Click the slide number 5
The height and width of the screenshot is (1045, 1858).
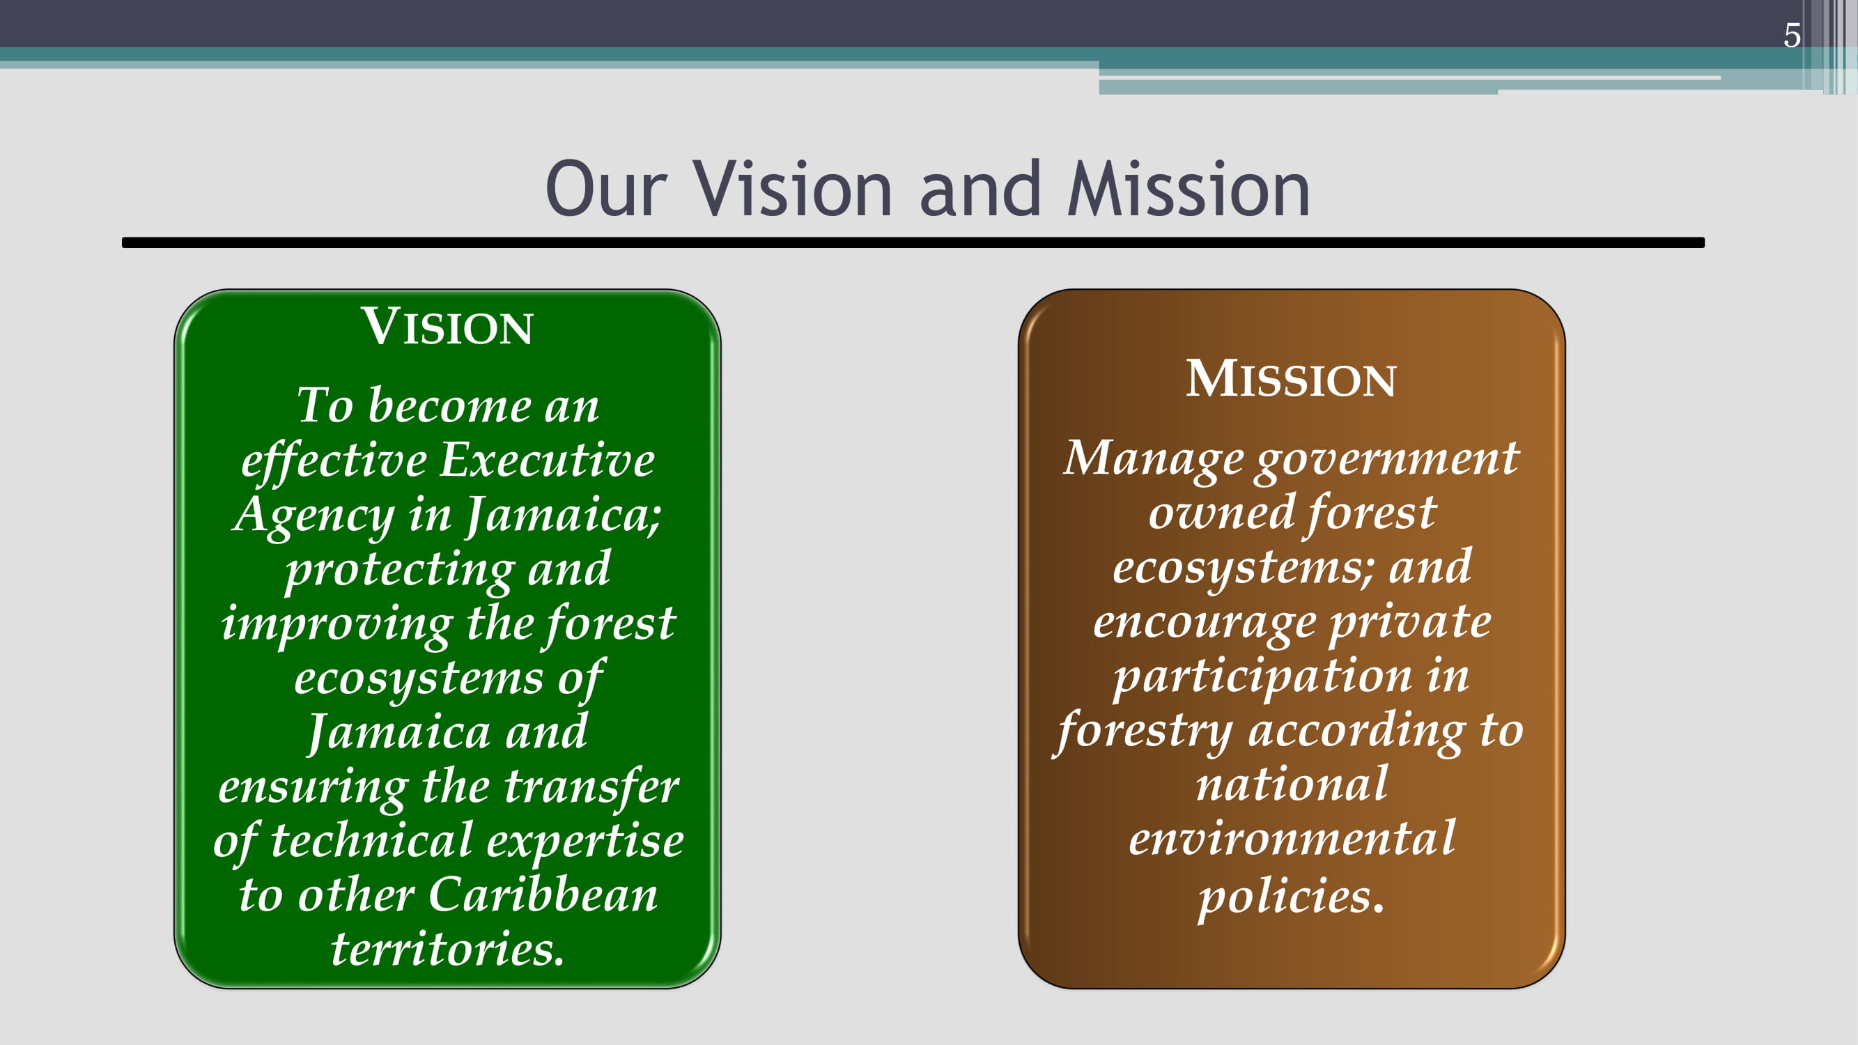(1792, 36)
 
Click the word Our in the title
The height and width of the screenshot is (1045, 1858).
(606, 189)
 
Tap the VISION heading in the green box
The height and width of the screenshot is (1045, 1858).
(447, 326)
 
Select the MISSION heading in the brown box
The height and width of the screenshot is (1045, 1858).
(1291, 378)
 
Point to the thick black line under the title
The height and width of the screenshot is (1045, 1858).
(913, 243)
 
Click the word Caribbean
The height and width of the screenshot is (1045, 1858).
(543, 895)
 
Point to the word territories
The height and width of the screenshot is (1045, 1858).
(447, 949)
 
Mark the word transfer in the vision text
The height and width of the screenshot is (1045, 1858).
(591, 786)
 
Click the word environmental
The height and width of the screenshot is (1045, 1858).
(1292, 839)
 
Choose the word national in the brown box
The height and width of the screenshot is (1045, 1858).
(1292, 784)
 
